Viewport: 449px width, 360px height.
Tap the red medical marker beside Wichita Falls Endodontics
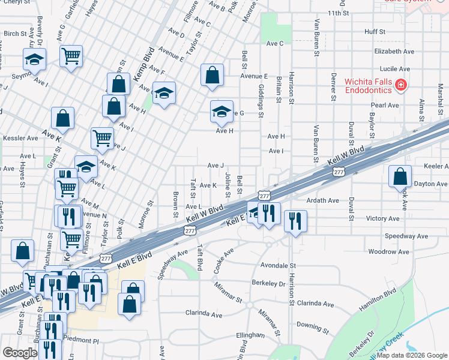400,87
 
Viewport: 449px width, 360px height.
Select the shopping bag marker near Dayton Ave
400,177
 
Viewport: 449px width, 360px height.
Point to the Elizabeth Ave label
394,52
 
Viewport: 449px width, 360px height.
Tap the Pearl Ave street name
385,105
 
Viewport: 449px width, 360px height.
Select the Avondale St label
279,265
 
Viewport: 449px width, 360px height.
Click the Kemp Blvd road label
148,61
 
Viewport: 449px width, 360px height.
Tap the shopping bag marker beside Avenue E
212,76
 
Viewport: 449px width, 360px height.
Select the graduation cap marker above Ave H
221,112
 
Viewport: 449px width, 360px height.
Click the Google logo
20,353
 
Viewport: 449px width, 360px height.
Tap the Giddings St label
261,100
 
